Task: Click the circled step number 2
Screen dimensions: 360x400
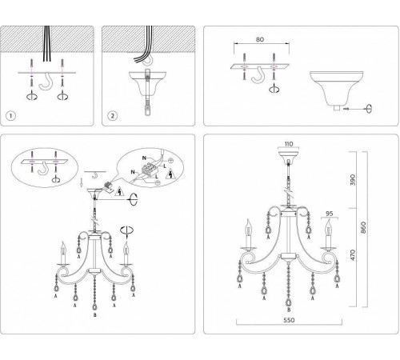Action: (x=113, y=114)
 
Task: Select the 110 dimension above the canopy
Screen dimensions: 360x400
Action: (x=290, y=146)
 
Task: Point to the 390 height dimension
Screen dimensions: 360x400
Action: (x=377, y=180)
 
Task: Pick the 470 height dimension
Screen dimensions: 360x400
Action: (x=377, y=259)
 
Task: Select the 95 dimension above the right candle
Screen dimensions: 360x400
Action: (x=327, y=214)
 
